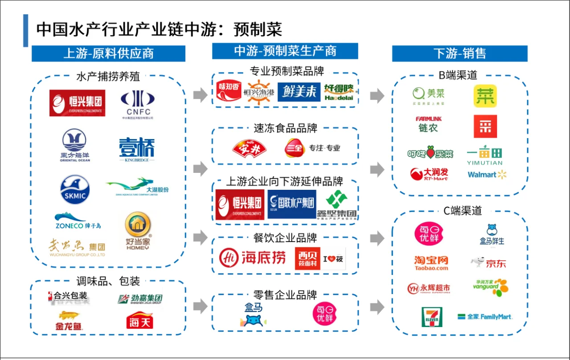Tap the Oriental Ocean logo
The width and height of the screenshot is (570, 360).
[x=75, y=145]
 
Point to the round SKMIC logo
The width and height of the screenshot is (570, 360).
[x=75, y=189]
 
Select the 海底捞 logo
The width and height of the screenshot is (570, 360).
[x=252, y=257]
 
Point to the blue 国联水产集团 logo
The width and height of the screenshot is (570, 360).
[x=292, y=204]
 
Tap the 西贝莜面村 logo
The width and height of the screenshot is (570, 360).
[x=307, y=258]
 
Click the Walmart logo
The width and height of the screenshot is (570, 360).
[x=487, y=175]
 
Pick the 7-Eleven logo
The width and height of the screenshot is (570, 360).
[x=432, y=317]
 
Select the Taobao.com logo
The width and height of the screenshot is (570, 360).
[x=431, y=263]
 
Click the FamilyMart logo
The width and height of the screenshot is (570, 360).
[x=485, y=317]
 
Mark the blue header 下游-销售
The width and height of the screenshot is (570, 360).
[x=460, y=53]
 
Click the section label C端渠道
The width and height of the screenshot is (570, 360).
[x=460, y=210]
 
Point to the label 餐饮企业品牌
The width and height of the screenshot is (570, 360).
[x=285, y=237]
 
